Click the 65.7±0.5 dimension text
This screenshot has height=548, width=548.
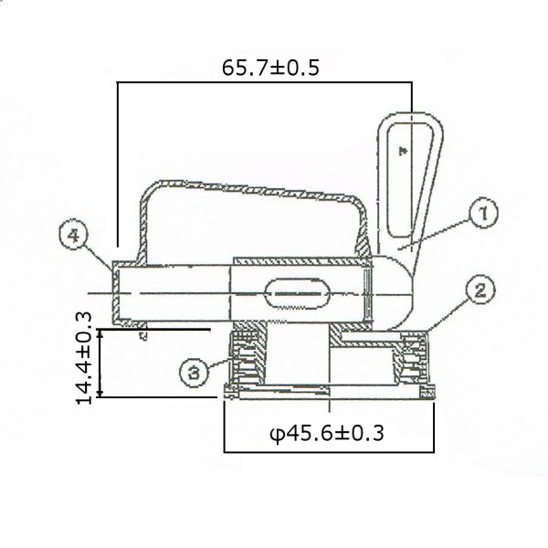point(270,68)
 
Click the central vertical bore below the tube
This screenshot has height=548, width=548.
point(297,361)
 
